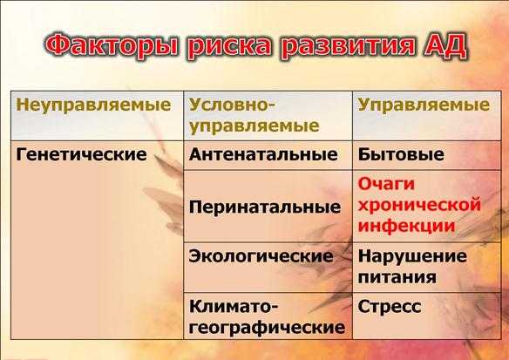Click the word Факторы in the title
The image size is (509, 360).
(x=111, y=45)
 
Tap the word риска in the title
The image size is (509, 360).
(x=229, y=45)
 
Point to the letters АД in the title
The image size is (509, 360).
(x=445, y=44)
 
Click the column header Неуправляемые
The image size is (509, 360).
(x=93, y=105)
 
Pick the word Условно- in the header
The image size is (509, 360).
(x=232, y=105)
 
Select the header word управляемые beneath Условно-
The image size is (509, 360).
(x=254, y=126)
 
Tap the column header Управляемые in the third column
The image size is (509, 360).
(x=424, y=105)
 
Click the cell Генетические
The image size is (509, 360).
(x=81, y=154)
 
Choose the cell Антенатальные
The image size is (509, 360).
(x=263, y=154)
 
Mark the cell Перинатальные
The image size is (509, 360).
(x=265, y=207)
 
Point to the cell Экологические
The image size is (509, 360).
(x=261, y=256)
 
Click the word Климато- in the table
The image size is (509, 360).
(x=232, y=306)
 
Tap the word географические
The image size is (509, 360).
(x=267, y=327)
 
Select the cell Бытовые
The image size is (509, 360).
(x=401, y=154)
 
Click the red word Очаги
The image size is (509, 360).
(x=386, y=184)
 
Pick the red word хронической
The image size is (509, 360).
(x=419, y=205)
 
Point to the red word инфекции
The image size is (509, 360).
(x=407, y=226)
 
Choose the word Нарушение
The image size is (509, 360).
(x=412, y=256)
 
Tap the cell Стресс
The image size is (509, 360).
(x=390, y=306)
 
